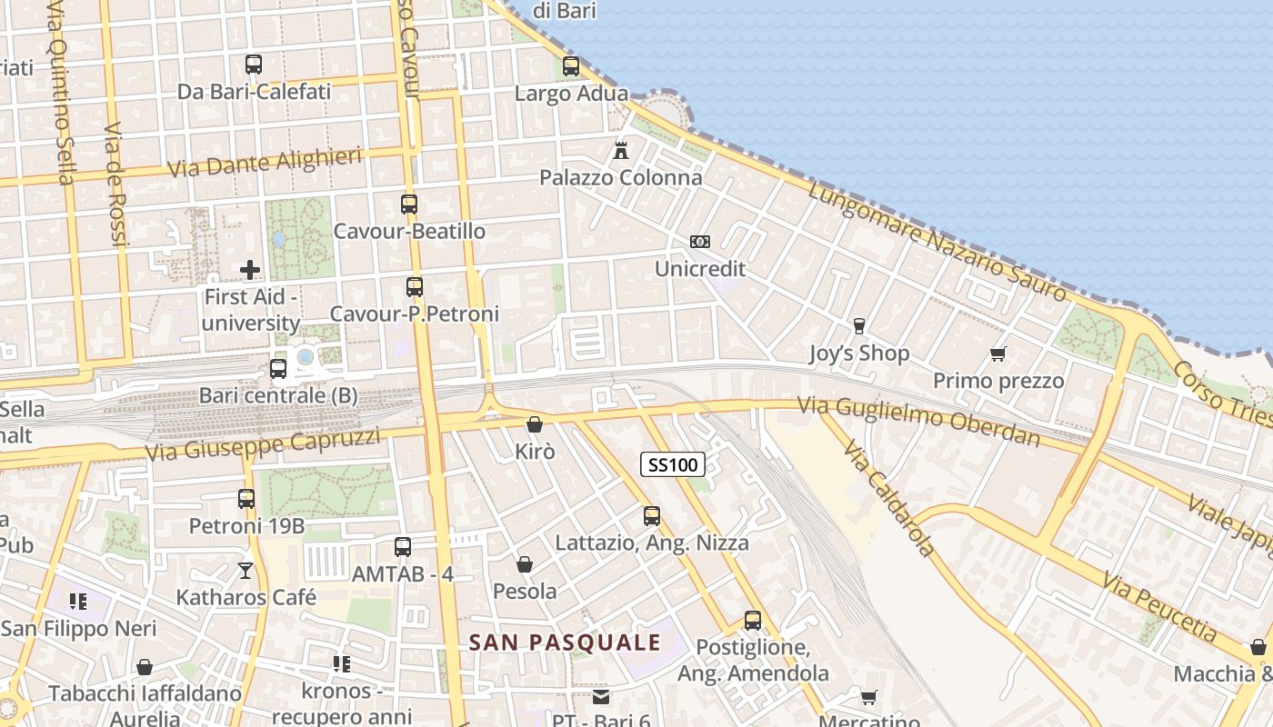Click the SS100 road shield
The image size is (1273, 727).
tap(673, 465)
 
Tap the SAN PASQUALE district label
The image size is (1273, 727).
tap(565, 642)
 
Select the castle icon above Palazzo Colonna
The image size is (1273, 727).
tap(621, 150)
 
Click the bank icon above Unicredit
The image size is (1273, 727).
tap(699, 242)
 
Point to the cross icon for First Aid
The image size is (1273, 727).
tap(250, 270)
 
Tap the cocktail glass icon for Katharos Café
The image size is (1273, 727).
tap(246, 571)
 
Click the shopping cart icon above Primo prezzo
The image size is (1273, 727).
tap(998, 354)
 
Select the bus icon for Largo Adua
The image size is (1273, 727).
tap(571, 66)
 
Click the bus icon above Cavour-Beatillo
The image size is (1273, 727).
tap(409, 204)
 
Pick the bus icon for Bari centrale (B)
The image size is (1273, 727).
tap(278, 369)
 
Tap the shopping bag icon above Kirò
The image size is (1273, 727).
tap(535, 424)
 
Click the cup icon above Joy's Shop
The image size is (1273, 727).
tap(858, 326)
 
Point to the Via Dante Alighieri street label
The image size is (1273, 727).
tap(266, 163)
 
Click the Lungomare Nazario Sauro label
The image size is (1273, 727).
tap(937, 241)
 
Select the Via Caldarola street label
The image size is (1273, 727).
tap(888, 499)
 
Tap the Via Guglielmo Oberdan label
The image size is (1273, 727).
tap(918, 420)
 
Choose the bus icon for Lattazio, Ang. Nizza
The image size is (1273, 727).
tap(652, 516)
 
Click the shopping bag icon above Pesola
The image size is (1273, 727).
tap(525, 565)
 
